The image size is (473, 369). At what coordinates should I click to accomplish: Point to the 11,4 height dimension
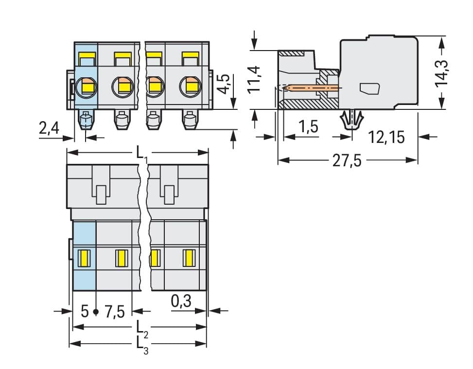(254, 80)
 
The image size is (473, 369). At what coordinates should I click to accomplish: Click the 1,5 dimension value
(308, 127)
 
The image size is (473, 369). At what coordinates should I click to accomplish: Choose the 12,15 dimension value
(386, 137)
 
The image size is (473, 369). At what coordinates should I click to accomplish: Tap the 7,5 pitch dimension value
(115, 311)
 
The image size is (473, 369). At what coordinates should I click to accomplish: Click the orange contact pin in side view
(311, 88)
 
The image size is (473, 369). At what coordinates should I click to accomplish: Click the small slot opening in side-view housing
(370, 88)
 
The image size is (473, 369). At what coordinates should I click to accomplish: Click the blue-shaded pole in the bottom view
(84, 255)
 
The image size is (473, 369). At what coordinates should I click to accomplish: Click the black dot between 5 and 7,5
(96, 311)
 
